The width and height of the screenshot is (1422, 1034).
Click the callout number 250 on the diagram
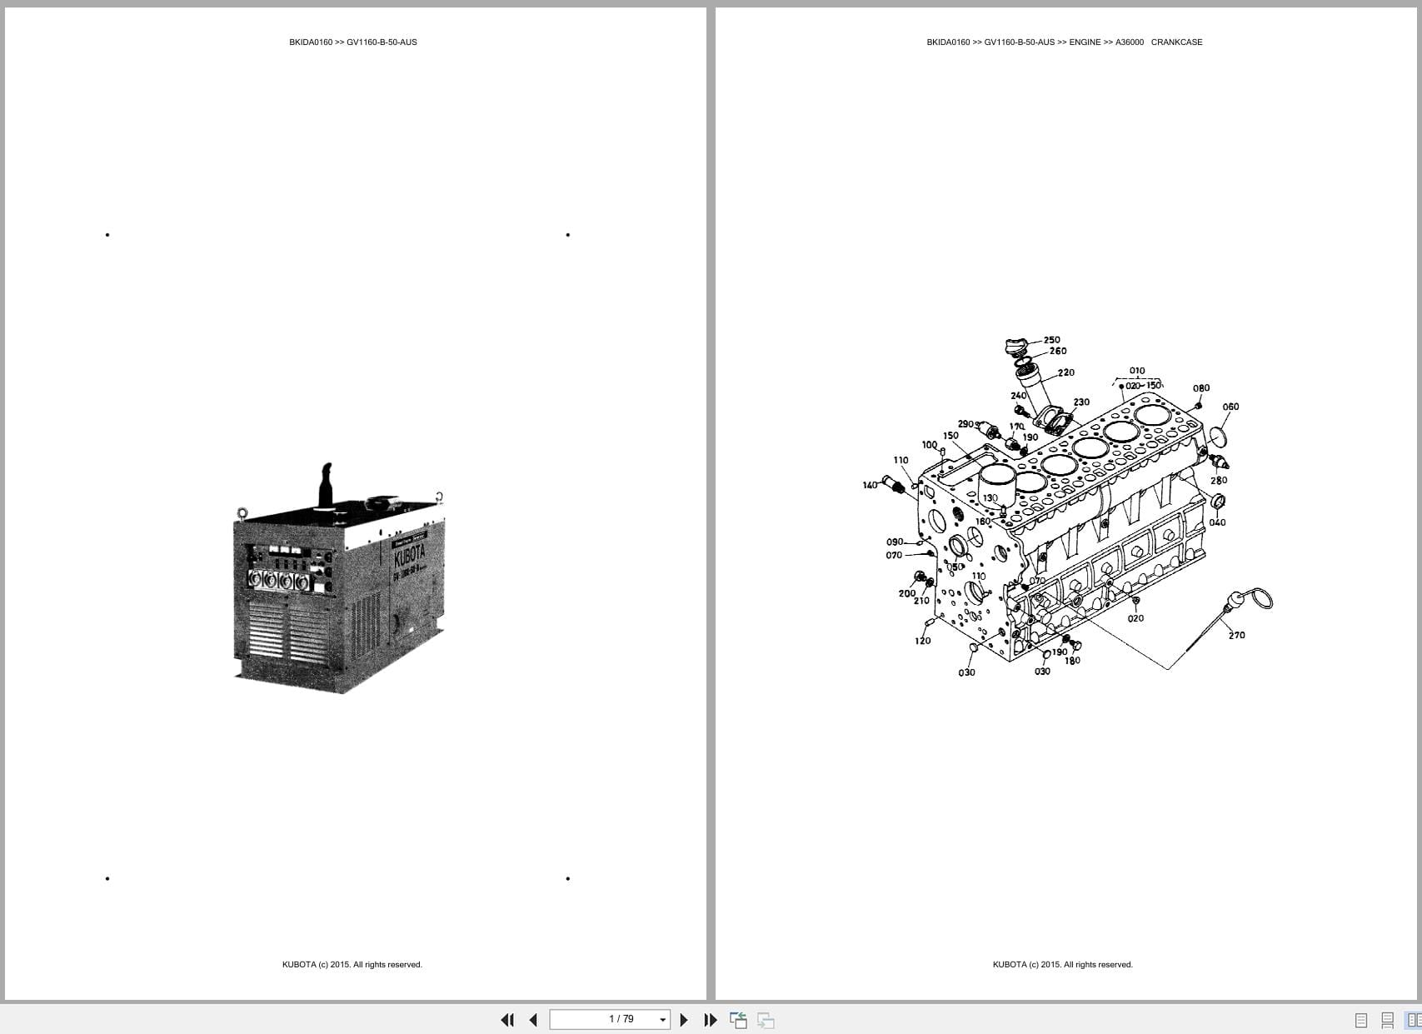coord(1052,340)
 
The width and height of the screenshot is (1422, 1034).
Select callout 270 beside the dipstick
coord(1237,636)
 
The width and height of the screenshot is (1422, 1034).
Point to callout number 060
coord(1230,407)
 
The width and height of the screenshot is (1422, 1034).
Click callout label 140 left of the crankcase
coord(870,485)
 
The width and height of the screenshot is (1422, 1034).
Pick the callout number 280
coord(1219,481)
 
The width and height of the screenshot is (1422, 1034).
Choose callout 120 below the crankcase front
coord(923,641)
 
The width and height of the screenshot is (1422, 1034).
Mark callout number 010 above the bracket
coord(1137,371)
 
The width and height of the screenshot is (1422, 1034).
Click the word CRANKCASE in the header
coord(1176,42)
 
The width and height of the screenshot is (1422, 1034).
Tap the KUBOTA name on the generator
coord(409,554)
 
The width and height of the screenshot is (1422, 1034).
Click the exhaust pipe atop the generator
coord(325,483)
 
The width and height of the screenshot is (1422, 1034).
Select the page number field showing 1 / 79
coord(610,1019)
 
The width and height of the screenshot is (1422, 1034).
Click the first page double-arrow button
coord(506,1020)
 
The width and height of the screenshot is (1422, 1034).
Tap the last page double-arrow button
coord(711,1020)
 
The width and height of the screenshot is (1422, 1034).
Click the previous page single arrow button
coord(533,1020)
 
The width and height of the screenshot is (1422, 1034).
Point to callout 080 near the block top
coord(1201,388)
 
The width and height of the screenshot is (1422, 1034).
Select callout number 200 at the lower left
coord(907,593)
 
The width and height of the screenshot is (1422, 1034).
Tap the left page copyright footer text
coord(352,965)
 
